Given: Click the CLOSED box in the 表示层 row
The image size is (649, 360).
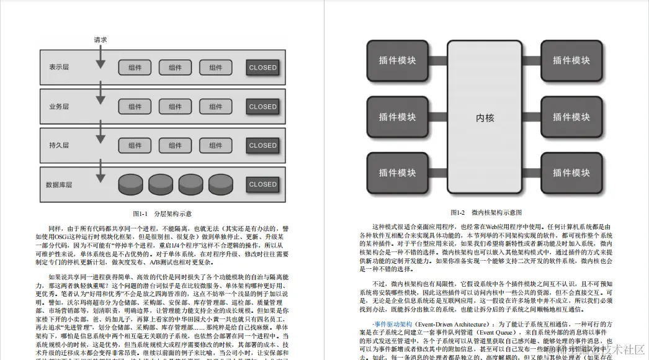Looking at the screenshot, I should coord(262,68).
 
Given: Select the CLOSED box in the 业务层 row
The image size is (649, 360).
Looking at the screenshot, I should coord(262,107).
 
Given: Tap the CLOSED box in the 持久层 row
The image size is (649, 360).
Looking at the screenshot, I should coord(262,145).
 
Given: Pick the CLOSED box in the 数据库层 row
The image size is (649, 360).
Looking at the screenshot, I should coord(262,184).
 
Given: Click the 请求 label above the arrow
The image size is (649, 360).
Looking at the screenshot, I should coord(101,40).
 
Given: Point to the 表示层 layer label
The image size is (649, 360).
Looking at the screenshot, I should coord(59,68).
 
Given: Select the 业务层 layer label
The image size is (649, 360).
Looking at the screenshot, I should coord(59,107).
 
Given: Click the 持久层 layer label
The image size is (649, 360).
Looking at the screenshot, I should coord(59,145).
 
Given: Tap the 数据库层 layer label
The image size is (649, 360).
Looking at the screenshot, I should coord(59,184).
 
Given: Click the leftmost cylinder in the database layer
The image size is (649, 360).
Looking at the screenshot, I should coord(130,184).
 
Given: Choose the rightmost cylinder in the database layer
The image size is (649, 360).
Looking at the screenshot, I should coord(222,184).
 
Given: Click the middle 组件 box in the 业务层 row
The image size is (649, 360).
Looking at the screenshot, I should coord(175,107).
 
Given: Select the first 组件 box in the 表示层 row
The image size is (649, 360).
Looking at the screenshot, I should coord(135,68).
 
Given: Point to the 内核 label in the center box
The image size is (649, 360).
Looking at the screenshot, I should coord(485,117).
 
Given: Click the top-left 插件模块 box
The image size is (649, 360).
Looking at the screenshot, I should coord(398,60).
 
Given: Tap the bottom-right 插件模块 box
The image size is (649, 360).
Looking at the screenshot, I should coord(571,173).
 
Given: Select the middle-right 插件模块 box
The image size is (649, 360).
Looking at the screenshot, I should coord(571,117).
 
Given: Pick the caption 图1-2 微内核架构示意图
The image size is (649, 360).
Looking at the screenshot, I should coord(486,212).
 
